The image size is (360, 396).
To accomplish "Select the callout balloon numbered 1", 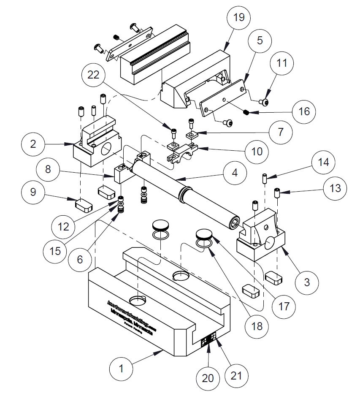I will [121, 369].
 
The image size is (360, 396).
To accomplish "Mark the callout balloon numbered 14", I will [323, 163].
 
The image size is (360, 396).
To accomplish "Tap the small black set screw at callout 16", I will [246, 112].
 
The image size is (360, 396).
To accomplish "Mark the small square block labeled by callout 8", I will [120, 174].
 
